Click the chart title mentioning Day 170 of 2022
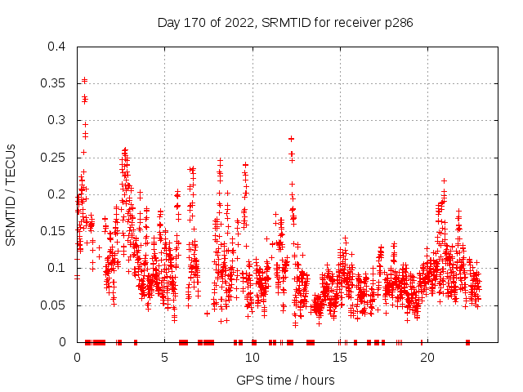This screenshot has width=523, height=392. click(284, 23)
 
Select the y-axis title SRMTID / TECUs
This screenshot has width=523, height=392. click(11, 194)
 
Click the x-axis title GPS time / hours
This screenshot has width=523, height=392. click(285, 380)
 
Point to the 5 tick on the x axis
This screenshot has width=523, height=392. click(164, 357)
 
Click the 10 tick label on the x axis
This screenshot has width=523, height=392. click(252, 357)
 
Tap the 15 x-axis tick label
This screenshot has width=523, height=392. click(339, 357)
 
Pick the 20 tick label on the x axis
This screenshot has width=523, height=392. click(427, 357)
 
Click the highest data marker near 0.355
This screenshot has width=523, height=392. click(84, 80)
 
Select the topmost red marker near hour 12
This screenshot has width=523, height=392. click(291, 139)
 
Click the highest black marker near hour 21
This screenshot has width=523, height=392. click(444, 180)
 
